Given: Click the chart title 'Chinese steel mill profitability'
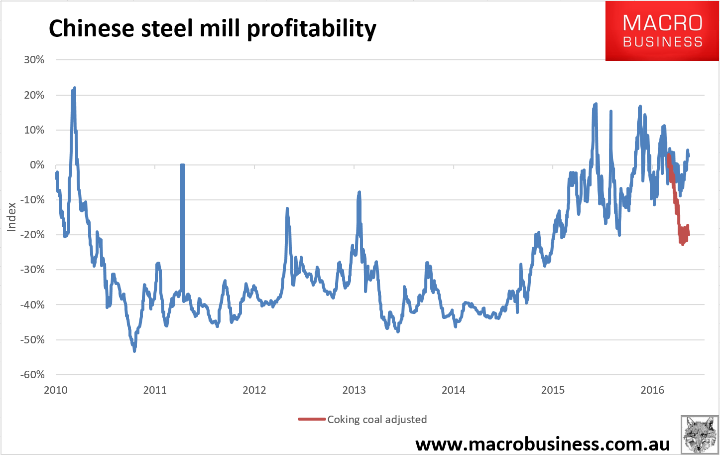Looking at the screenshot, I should [212, 28].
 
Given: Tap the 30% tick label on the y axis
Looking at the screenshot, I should [34, 60].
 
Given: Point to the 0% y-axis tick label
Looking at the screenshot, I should [37, 165].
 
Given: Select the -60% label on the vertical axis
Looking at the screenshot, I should [32, 375].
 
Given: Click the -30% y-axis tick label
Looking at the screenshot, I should [32, 270].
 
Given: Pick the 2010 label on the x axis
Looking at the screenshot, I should [56, 390].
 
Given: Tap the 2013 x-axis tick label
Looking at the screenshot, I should [354, 390].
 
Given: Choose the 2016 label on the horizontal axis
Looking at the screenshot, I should [652, 390].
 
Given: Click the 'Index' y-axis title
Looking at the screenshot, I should [11, 217].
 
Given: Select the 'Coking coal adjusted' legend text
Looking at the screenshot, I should [377, 420].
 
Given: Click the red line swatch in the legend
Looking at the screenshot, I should [312, 420].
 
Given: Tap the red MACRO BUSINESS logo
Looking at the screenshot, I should [662, 31].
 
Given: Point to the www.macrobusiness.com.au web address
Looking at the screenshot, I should [542, 443].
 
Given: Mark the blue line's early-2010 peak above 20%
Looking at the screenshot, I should [74, 88].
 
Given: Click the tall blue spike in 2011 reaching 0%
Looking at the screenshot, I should [182, 165].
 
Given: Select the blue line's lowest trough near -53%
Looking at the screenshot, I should [134, 351].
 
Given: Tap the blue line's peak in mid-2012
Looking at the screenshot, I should [287, 209].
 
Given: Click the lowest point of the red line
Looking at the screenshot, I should [683, 244].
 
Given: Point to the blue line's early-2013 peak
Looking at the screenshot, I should [359, 192].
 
